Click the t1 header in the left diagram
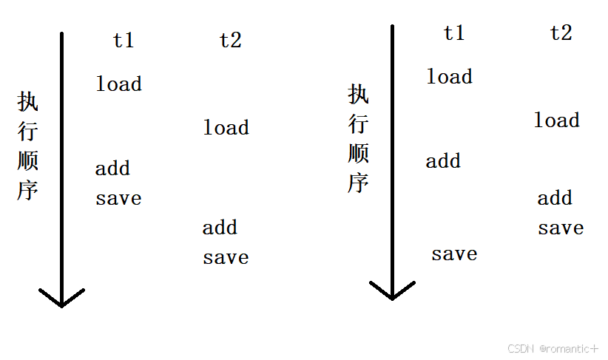coord(124,40)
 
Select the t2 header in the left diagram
coord(230,40)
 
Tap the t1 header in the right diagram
coord(454,33)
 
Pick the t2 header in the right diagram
coord(561,33)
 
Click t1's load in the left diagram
coord(118,84)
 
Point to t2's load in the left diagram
coord(226,128)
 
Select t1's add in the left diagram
coord(112,169)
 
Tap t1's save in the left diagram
coord(118,198)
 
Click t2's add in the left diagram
coord(220,228)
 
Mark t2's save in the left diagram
coord(226,257)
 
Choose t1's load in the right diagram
coord(449,77)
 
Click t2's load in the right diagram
coord(556,120)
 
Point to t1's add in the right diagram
coord(443,161)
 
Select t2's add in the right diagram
coord(555,198)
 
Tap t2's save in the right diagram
coord(561,228)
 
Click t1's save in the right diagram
coord(454,254)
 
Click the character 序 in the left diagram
coord(27,190)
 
